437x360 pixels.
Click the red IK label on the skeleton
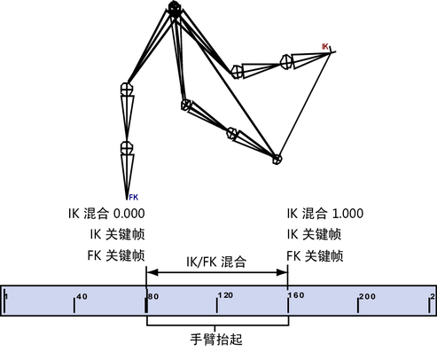pos(325,46)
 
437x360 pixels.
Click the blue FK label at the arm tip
pos(134,197)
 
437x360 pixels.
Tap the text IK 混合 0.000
pos(106,214)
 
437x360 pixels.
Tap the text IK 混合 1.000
pos(325,214)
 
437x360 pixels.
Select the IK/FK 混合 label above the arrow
pos(216,262)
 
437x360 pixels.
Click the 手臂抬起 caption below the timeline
pos(216,339)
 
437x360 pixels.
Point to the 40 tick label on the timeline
pos(82,296)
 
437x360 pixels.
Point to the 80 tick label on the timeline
pos(153,296)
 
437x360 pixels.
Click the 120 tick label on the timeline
pos(225,295)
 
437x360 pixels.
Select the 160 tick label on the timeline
pos(296,295)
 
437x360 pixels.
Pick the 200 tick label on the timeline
pos(367,296)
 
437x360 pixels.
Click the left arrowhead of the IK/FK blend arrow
pos(152,272)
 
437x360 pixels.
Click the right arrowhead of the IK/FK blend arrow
pos(282,272)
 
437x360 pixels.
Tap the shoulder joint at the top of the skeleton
pos(174,8)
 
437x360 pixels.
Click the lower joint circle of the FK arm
pos(127,147)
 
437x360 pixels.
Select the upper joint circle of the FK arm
pos(127,89)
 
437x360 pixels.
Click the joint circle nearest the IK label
pos(285,62)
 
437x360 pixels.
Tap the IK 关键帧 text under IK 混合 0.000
pos(117,234)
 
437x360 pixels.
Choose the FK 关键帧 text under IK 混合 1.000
pos(315,255)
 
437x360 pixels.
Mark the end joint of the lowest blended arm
pos(277,159)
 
